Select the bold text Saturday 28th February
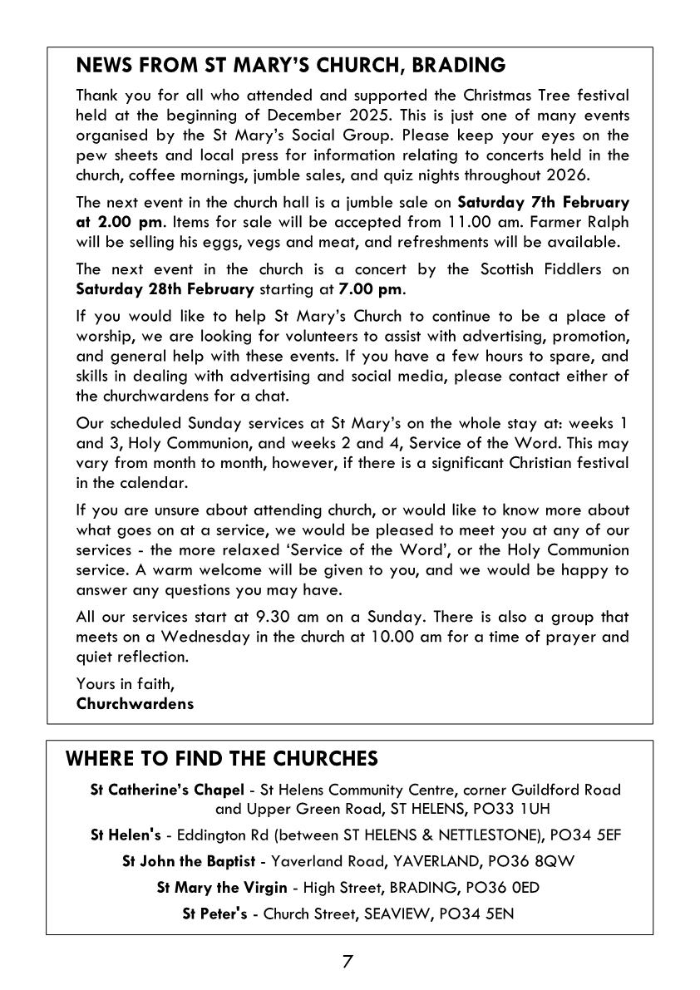165,289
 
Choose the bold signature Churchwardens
135,703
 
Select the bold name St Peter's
214,914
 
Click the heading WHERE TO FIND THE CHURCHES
222,759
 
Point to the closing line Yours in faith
126,683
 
